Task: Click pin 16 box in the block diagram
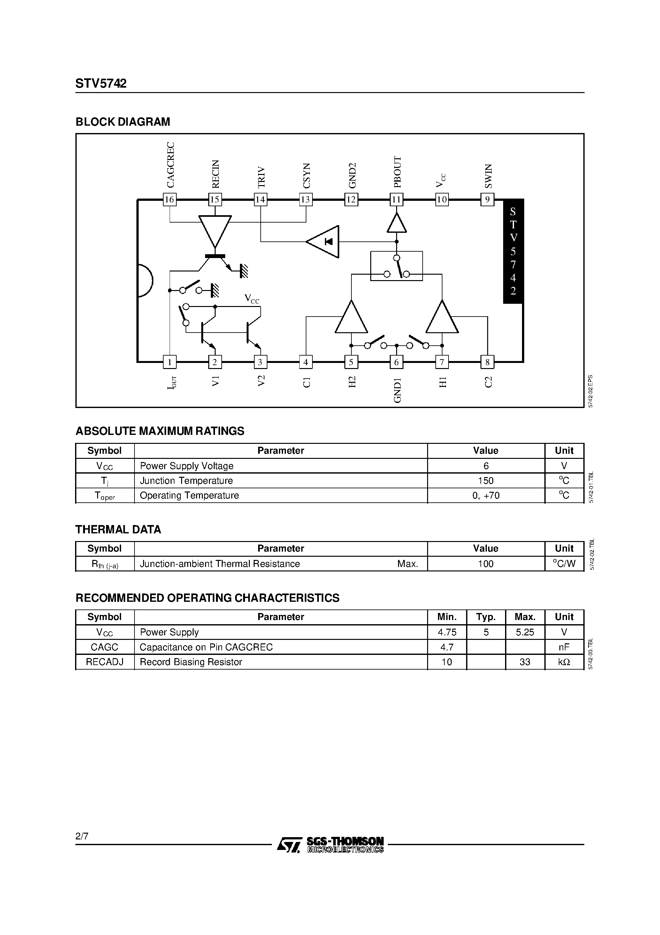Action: [x=169, y=200]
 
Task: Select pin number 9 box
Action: [x=487, y=200]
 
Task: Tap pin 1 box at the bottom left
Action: [x=169, y=362]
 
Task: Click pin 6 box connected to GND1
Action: [x=396, y=362]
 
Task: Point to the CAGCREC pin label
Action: [x=170, y=165]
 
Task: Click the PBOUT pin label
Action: [x=397, y=171]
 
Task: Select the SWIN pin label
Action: [x=488, y=176]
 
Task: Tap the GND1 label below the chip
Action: [x=397, y=390]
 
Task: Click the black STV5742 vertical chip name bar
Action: [x=513, y=251]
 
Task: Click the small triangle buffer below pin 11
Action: [x=396, y=223]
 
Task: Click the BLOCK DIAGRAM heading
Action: [x=123, y=122]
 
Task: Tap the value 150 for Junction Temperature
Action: [x=486, y=481]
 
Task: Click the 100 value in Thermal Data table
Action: [x=486, y=564]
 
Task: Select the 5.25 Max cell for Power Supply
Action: [x=525, y=632]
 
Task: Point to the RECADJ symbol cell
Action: [x=104, y=662]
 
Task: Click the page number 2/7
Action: [x=82, y=837]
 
